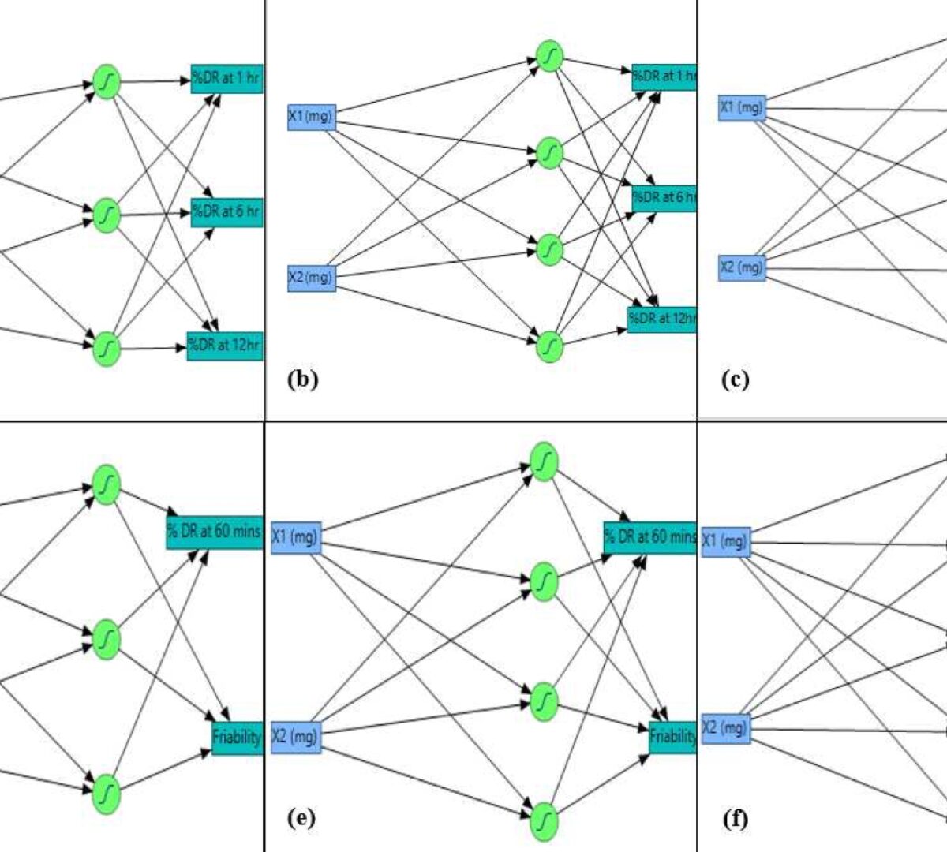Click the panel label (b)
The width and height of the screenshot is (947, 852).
coord(302,379)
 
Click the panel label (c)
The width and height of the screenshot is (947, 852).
coord(735,379)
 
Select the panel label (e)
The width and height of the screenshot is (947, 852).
coord(301,819)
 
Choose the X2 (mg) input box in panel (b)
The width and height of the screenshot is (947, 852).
coord(311,278)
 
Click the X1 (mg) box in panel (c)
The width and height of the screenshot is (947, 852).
coord(742,107)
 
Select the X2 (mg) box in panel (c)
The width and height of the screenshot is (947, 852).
coord(742,268)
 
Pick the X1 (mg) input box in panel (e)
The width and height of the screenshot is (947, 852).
coord(296,538)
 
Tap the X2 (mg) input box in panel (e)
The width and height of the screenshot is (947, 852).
coord(296,737)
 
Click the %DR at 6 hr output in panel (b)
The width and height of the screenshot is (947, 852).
coord(664,197)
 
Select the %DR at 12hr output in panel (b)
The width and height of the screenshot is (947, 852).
coord(661,319)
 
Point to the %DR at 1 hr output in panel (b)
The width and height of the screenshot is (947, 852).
coord(664,77)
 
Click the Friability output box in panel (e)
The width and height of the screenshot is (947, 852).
coord(672,737)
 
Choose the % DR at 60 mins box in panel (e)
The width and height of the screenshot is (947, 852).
coord(649,537)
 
